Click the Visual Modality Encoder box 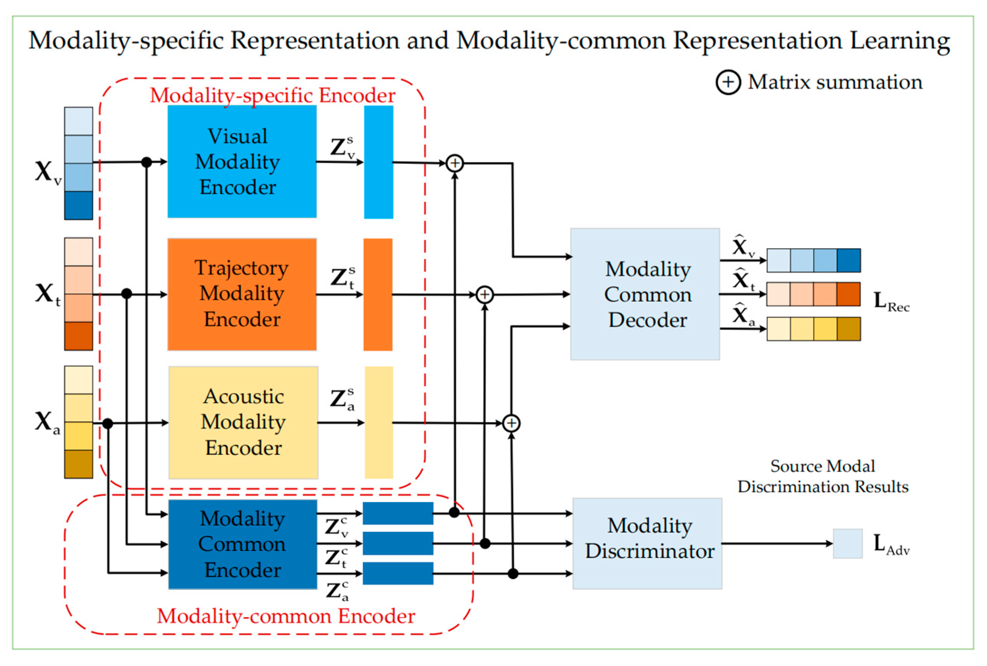[x=242, y=162]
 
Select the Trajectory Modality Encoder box [x=242, y=294]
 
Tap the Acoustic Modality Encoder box [x=243, y=422]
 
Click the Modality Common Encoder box [x=243, y=544]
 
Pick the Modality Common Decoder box [x=645, y=294]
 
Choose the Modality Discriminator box [x=647, y=543]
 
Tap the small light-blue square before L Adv [x=847, y=543]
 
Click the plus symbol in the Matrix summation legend [x=728, y=82]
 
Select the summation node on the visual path [x=454, y=163]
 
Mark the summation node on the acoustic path [x=511, y=423]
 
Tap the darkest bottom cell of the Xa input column [x=78, y=464]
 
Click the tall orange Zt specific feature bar [x=378, y=294]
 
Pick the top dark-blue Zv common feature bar [x=398, y=513]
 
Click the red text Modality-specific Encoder [x=272, y=95]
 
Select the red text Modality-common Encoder [x=286, y=616]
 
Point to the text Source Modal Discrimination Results [x=823, y=476]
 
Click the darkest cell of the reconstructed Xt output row [x=848, y=294]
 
